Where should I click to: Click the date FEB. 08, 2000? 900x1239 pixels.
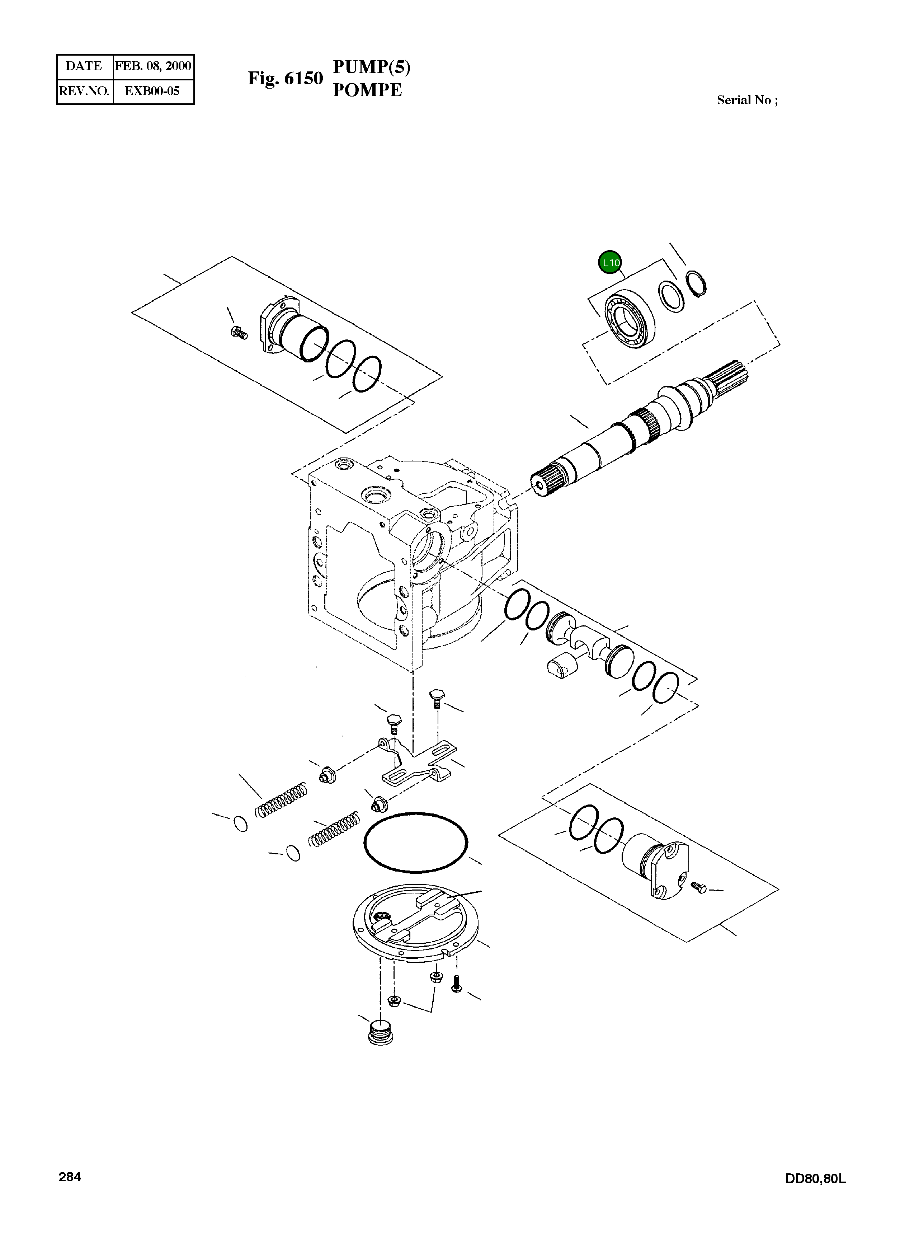click(153, 66)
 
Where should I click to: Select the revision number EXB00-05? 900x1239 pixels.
click(152, 91)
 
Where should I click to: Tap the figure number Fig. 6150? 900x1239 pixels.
click(285, 78)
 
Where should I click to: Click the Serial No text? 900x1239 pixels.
click(747, 100)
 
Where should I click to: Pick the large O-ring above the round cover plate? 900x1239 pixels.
click(416, 843)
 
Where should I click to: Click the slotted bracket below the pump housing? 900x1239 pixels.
click(415, 762)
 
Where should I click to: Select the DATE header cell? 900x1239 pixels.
click(84, 66)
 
